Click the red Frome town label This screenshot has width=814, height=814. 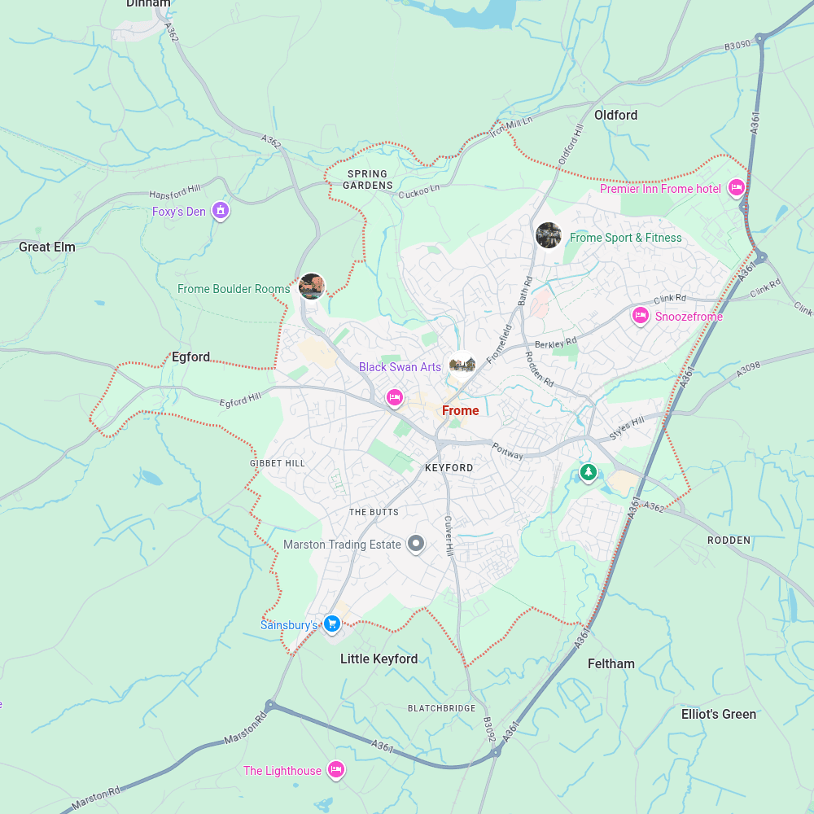(x=460, y=410)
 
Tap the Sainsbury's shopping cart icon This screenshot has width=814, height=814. (x=331, y=624)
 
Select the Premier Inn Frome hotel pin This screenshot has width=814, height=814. (x=737, y=188)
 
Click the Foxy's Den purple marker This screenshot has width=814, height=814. (x=220, y=211)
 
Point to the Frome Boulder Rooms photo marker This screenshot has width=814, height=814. (x=312, y=286)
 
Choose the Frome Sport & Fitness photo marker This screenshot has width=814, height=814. (x=549, y=235)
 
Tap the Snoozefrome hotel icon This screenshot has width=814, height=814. (x=641, y=315)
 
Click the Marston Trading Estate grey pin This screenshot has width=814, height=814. (x=416, y=543)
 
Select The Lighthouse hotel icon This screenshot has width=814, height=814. (x=336, y=769)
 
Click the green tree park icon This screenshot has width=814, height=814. (x=588, y=471)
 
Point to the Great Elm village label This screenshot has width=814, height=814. (x=47, y=247)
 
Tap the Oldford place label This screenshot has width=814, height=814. (x=615, y=115)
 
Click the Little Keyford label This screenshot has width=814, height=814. (x=379, y=659)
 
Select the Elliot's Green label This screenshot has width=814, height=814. (x=718, y=714)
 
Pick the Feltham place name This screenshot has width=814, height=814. (x=610, y=663)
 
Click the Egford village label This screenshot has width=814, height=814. (x=190, y=357)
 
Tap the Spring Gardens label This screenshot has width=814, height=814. (x=367, y=179)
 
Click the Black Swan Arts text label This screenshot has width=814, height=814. (x=400, y=367)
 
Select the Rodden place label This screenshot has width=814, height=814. (x=729, y=540)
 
